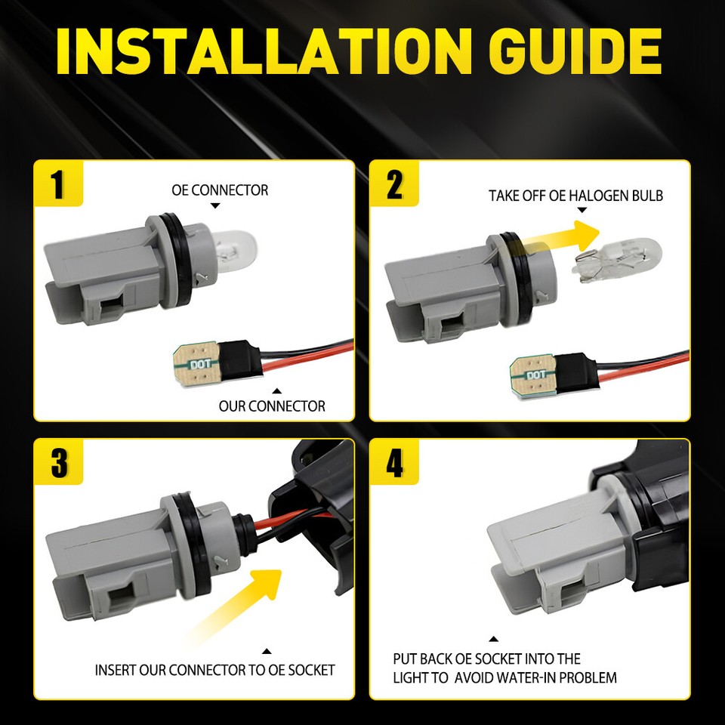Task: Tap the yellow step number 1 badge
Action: coord(58,184)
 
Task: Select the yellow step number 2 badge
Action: coord(393,184)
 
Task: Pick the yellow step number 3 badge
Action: coord(58,463)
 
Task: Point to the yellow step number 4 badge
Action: coord(393,463)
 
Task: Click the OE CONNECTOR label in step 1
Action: coord(220,190)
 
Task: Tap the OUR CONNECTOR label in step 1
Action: coord(272,406)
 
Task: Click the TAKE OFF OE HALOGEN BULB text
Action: coord(575,196)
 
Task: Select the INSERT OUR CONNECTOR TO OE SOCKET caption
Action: coord(214,670)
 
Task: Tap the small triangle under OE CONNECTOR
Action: coord(215,205)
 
